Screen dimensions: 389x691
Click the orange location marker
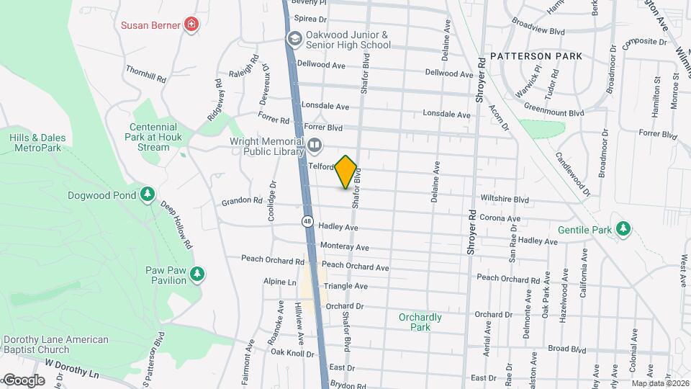click(x=346, y=172)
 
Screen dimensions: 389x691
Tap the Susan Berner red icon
click(x=191, y=25)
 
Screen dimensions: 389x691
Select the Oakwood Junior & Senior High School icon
click(x=294, y=39)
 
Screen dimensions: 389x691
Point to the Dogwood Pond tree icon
click(x=147, y=194)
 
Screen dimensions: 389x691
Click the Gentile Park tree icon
click(x=623, y=230)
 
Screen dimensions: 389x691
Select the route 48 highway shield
click(x=308, y=222)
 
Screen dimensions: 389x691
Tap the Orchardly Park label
click(x=420, y=321)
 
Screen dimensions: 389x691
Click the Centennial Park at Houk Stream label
click(x=153, y=137)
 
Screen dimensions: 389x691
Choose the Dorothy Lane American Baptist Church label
click(x=55, y=344)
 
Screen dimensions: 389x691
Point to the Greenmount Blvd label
click(x=554, y=113)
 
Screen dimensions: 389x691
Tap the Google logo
click(x=24, y=380)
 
